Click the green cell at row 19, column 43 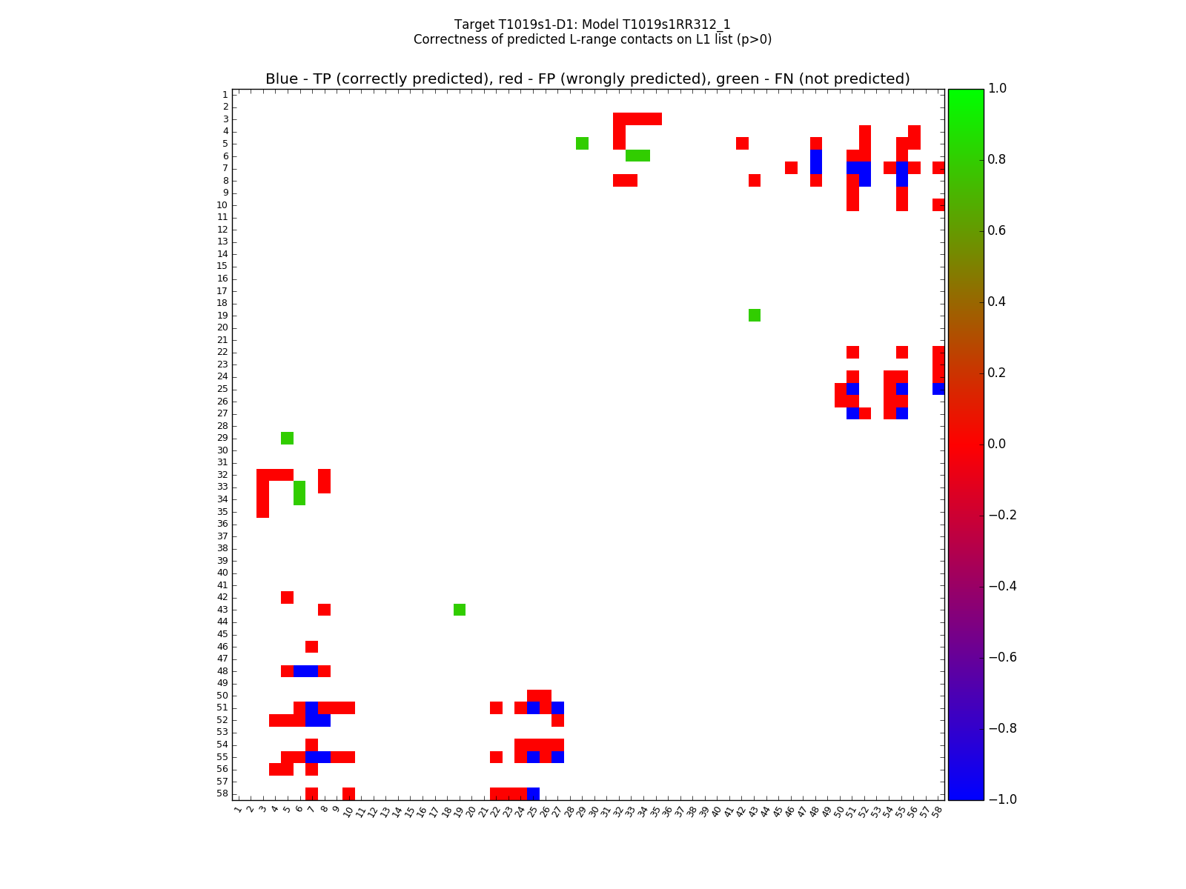[755, 316]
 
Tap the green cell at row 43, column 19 [460, 610]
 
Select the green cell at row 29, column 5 [288, 438]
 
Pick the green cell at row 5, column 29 [583, 143]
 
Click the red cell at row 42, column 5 [288, 597]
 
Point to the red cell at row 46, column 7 [312, 647]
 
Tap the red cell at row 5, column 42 [742, 143]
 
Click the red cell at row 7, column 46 [792, 168]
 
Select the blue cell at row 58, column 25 [533, 793]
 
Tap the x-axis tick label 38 [691, 811]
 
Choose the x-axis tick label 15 [408, 811]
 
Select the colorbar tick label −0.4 [1002, 586]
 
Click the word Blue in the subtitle [282, 79]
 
